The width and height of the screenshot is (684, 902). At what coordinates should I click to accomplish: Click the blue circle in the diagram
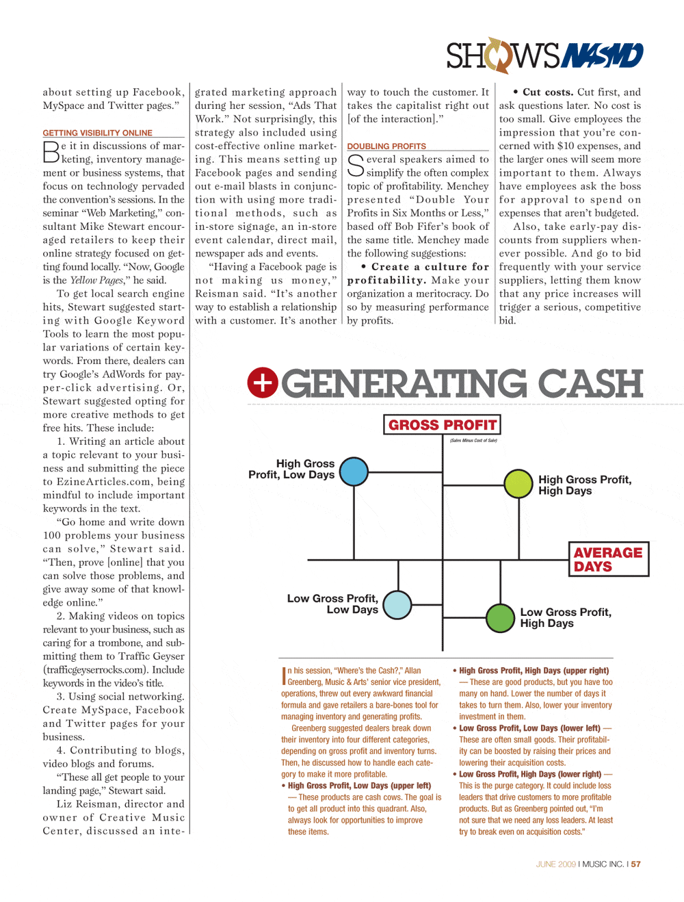(354, 472)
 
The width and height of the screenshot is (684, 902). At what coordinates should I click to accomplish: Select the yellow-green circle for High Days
(518, 484)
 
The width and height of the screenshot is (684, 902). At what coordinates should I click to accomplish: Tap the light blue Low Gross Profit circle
(397, 605)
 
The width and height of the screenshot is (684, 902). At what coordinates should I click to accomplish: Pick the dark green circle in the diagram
(500, 618)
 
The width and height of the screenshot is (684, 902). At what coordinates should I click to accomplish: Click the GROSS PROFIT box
(442, 425)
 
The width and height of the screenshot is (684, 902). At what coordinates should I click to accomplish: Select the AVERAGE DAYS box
(608, 559)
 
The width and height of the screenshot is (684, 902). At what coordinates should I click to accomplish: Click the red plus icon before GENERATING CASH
(263, 383)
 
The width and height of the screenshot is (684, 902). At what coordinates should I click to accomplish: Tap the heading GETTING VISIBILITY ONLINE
(98, 133)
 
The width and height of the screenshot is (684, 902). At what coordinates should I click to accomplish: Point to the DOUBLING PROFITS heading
(386, 146)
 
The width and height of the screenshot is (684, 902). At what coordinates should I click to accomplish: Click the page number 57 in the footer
(636, 864)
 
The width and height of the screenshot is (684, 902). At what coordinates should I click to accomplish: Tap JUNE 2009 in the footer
(555, 864)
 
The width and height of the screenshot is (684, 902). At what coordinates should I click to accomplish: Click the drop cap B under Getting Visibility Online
(51, 152)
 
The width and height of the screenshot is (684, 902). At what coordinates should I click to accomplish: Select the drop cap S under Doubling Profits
(355, 165)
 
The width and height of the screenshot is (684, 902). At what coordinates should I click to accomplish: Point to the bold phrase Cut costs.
(548, 92)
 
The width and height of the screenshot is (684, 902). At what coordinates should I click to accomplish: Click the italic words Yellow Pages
(97, 280)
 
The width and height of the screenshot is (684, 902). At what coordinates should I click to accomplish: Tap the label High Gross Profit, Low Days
(292, 469)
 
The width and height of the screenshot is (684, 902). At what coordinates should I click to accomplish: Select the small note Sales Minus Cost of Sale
(473, 441)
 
